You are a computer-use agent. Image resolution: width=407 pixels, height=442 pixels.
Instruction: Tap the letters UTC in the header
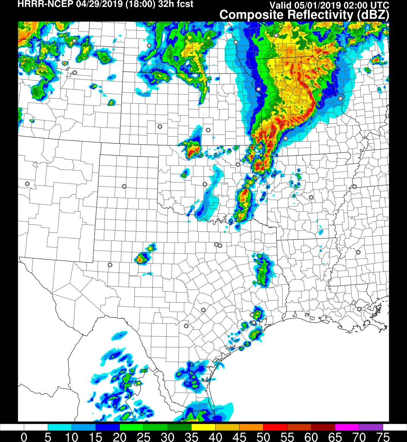[x=380, y=5]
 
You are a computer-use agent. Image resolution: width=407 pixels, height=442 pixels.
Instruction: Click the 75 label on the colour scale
[x=383, y=437]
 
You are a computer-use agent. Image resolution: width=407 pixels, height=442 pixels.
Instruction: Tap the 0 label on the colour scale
[x=24, y=437]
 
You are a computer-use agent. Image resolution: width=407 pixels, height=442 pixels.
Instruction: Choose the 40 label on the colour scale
[x=215, y=437]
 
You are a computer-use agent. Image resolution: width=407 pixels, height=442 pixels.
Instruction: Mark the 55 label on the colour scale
[x=287, y=437]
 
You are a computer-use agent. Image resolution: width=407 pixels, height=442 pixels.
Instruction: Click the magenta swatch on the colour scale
[x=347, y=427]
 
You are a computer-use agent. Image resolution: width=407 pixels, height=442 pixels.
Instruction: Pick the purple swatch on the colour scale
[x=371, y=427]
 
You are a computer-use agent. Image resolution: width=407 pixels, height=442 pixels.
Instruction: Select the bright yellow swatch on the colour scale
[x=203, y=427]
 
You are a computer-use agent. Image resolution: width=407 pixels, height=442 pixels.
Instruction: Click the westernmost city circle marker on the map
[x=27, y=184]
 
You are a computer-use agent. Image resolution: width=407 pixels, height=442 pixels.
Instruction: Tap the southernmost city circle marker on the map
[x=186, y=326]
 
